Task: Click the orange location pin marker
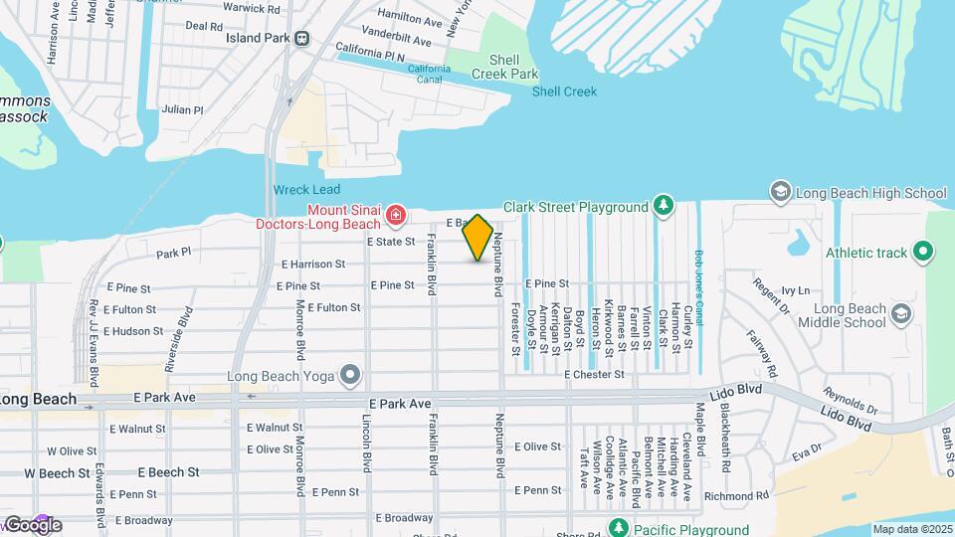point(478,237)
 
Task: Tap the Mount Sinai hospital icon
point(395,214)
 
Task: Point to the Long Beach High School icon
point(780,191)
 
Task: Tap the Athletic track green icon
point(924,253)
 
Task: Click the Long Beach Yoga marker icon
point(349,375)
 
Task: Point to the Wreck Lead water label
point(306,189)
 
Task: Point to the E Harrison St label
point(312,265)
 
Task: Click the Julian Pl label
point(182,109)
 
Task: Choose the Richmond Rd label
point(736,495)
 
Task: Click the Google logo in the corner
point(33,525)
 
